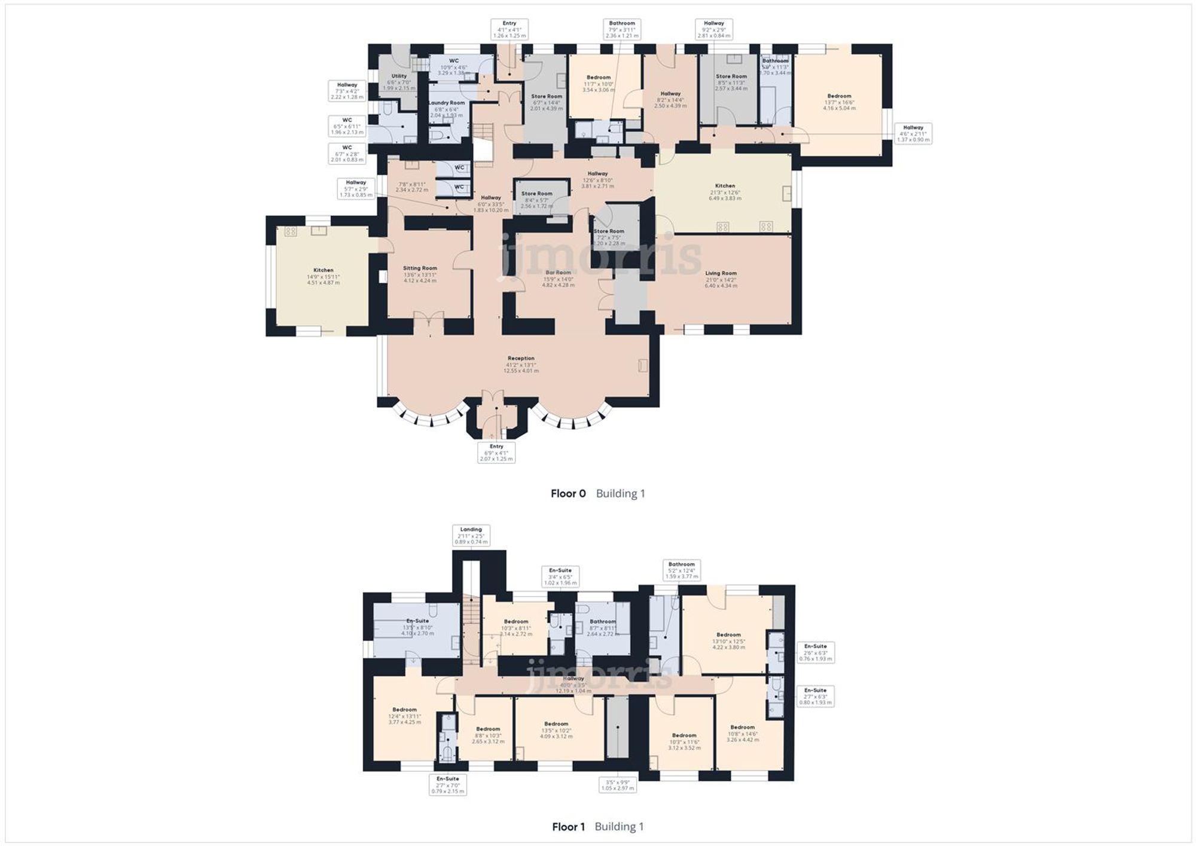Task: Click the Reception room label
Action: coord(521,364)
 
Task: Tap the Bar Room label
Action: coord(558,279)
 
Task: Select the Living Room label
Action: coord(721,279)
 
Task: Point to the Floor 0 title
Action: coord(568,493)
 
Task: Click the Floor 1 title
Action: coord(568,826)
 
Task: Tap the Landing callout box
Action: coord(471,535)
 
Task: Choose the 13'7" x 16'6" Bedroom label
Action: coord(839,102)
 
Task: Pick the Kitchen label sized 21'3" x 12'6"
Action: coord(725,191)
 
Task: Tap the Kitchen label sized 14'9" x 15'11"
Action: coord(324,276)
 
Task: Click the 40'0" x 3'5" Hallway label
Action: coord(573,684)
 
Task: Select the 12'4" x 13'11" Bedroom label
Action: coord(405,716)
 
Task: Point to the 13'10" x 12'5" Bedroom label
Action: coord(728,640)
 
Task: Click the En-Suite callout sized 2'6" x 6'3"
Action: coord(815,652)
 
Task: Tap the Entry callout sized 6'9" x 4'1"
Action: coord(496,452)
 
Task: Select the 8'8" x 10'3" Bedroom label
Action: coord(488,735)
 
